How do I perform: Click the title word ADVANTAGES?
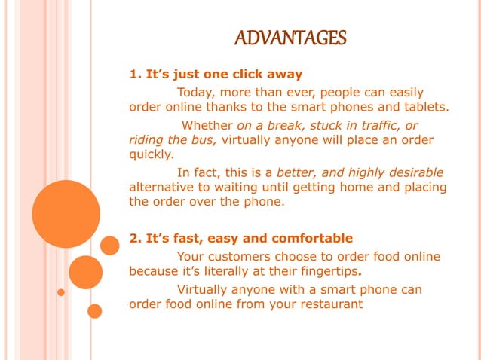(x=290, y=38)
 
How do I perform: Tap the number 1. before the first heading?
(x=136, y=75)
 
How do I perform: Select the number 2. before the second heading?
(x=136, y=239)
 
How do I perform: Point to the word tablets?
(x=424, y=107)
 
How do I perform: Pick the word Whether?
(x=208, y=125)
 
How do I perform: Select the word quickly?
(x=152, y=155)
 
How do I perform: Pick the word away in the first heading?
(x=285, y=75)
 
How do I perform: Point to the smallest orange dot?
(x=61, y=292)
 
